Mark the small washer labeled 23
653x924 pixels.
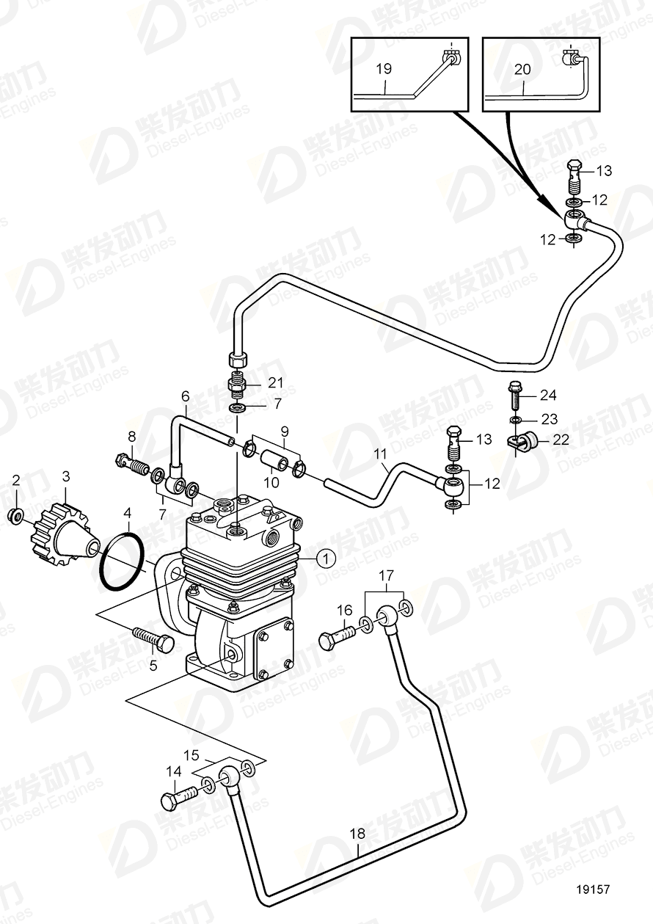point(516,420)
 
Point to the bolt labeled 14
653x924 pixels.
point(179,797)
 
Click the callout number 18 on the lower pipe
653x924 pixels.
point(357,833)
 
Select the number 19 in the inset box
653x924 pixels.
point(384,69)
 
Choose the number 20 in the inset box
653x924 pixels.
point(522,69)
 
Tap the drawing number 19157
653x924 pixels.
point(595,909)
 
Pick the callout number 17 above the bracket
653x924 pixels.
point(387,575)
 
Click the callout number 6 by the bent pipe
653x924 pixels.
point(186,396)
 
